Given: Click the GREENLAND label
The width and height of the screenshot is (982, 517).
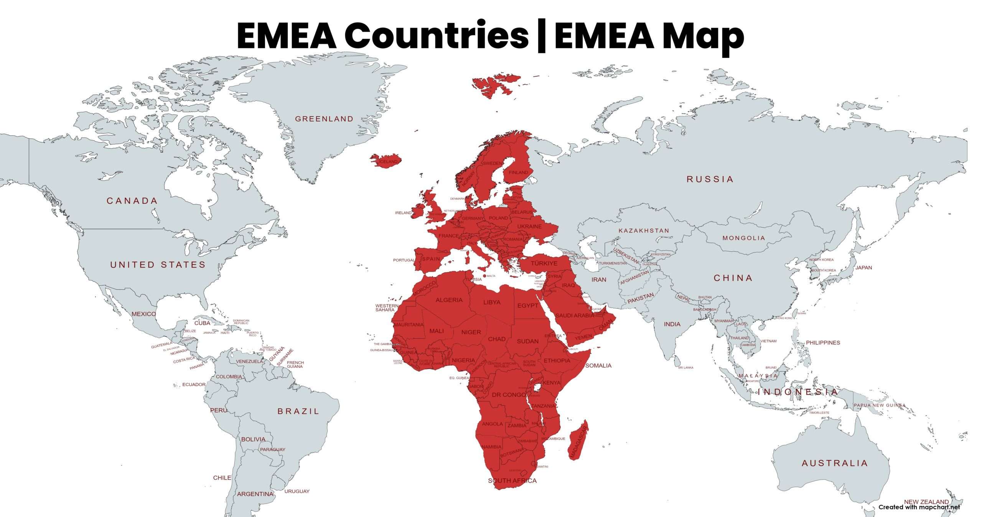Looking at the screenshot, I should click(324, 119).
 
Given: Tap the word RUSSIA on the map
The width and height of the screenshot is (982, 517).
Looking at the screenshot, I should click(710, 179).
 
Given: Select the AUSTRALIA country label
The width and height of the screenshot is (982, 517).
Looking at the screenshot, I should click(834, 463).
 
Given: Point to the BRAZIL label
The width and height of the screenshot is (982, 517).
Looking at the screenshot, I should click(298, 411).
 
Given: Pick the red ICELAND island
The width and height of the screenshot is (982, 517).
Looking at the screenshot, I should click(386, 160).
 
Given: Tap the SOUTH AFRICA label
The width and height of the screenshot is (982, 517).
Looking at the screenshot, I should click(512, 481).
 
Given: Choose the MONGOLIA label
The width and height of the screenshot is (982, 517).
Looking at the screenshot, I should click(744, 238).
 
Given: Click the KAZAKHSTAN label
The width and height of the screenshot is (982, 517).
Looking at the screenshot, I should click(644, 231).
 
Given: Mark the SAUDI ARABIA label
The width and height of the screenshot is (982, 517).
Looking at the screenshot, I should click(575, 315).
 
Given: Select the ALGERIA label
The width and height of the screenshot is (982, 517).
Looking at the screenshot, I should click(449, 300).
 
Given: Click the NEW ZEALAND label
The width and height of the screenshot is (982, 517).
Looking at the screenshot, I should click(926, 502).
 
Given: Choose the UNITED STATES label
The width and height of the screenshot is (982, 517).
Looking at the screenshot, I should click(158, 264).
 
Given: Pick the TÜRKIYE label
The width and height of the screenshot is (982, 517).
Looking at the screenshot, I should click(544, 263).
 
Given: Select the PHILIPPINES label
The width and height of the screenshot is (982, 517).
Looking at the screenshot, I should click(823, 343).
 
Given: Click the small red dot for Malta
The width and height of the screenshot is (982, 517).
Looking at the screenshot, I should click(484, 276).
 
